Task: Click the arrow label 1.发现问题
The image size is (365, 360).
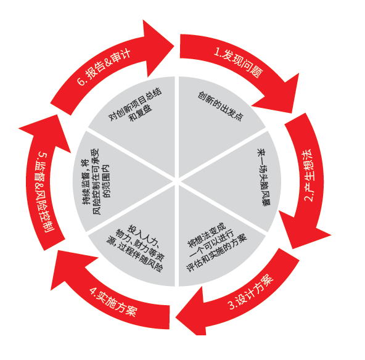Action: [x=239, y=62]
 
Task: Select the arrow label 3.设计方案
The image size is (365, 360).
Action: [x=251, y=292]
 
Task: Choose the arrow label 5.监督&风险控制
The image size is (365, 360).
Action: [x=44, y=192]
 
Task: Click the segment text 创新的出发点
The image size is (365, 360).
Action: [x=221, y=106]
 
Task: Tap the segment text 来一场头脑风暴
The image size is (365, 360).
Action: [x=263, y=178]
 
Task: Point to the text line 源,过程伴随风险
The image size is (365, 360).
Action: [x=134, y=255]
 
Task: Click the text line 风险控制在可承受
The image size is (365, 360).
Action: [x=96, y=181]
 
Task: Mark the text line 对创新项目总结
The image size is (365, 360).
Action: [x=135, y=104]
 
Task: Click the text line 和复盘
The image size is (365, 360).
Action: [x=141, y=113]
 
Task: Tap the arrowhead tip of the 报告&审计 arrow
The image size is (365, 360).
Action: [x=174, y=46]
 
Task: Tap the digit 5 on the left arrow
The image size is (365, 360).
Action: [x=43, y=155]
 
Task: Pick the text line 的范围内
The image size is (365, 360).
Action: [x=107, y=181]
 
